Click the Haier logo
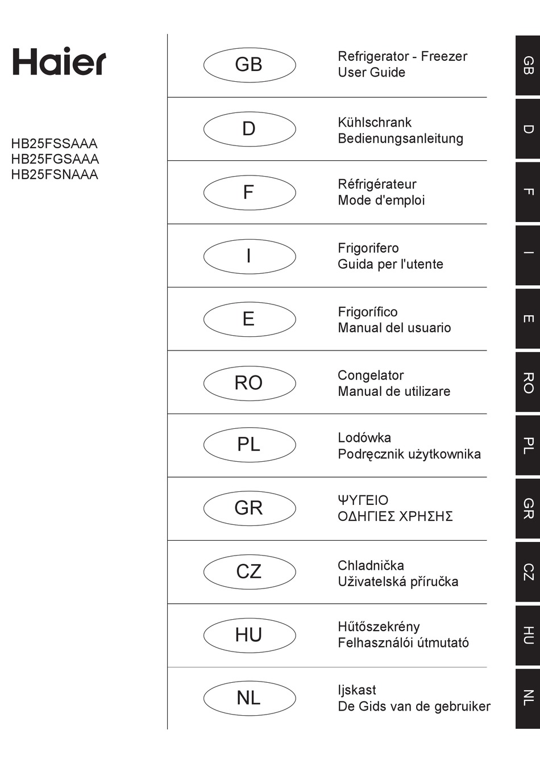pos(59,61)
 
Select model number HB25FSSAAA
pos(54,144)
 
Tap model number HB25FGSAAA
pos(55,159)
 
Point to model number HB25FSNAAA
pos(55,174)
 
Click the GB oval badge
pos(249,65)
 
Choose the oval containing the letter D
pos(249,129)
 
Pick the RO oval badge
pos(249,383)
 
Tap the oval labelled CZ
pos(249,571)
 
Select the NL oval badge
pos(249,698)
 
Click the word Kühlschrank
pos(374,122)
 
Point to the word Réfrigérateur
pos(377,184)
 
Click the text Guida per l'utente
pos(390,264)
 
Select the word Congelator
pos(371,375)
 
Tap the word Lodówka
pos(364,438)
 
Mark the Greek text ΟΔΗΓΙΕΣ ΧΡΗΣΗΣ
pos(395,516)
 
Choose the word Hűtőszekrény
pos(379,627)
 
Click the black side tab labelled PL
pos(527,445)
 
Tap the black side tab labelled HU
pos(527,635)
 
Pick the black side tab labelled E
pos(527,319)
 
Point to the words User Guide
pos(371,73)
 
